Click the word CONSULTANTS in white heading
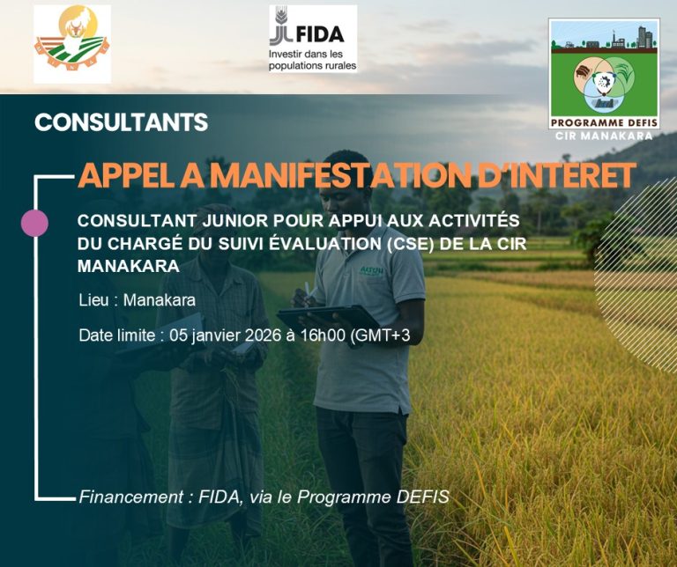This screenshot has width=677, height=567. pyautogui.click(x=122, y=122)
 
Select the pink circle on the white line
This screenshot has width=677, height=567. pyautogui.click(x=34, y=223)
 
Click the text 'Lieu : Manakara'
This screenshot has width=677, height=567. pyautogui.click(x=137, y=299)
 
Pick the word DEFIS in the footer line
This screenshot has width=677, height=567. pyautogui.click(x=420, y=497)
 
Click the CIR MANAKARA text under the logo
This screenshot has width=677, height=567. pyautogui.click(x=604, y=136)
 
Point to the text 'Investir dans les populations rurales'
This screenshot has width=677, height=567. pyautogui.click(x=312, y=60)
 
